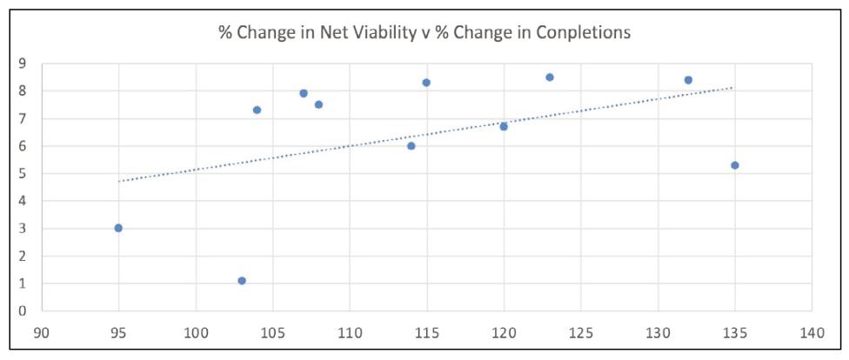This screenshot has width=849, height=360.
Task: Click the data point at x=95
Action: (x=118, y=228)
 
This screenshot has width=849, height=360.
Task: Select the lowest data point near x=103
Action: (x=242, y=280)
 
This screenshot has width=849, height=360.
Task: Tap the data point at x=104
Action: (x=257, y=110)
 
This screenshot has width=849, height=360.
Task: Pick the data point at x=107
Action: (x=304, y=93)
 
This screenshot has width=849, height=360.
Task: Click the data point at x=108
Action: (x=319, y=104)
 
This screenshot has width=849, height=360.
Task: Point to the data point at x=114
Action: (x=411, y=145)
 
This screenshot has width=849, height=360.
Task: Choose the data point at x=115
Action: (x=426, y=83)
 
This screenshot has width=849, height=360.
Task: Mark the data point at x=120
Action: (x=504, y=127)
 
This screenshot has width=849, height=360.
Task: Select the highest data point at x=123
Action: (x=550, y=77)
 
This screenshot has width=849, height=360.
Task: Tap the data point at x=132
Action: (x=688, y=80)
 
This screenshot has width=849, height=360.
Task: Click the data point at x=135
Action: (x=735, y=165)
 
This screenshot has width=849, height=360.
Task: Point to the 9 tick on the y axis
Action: (x=23, y=63)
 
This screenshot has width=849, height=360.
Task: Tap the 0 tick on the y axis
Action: (x=23, y=310)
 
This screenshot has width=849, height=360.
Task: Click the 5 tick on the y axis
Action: (x=23, y=173)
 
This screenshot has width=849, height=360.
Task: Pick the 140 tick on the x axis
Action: (x=812, y=332)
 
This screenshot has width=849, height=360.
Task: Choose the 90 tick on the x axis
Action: (x=42, y=332)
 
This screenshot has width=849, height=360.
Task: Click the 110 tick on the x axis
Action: (x=350, y=332)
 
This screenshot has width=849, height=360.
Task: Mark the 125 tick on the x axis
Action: (x=581, y=332)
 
